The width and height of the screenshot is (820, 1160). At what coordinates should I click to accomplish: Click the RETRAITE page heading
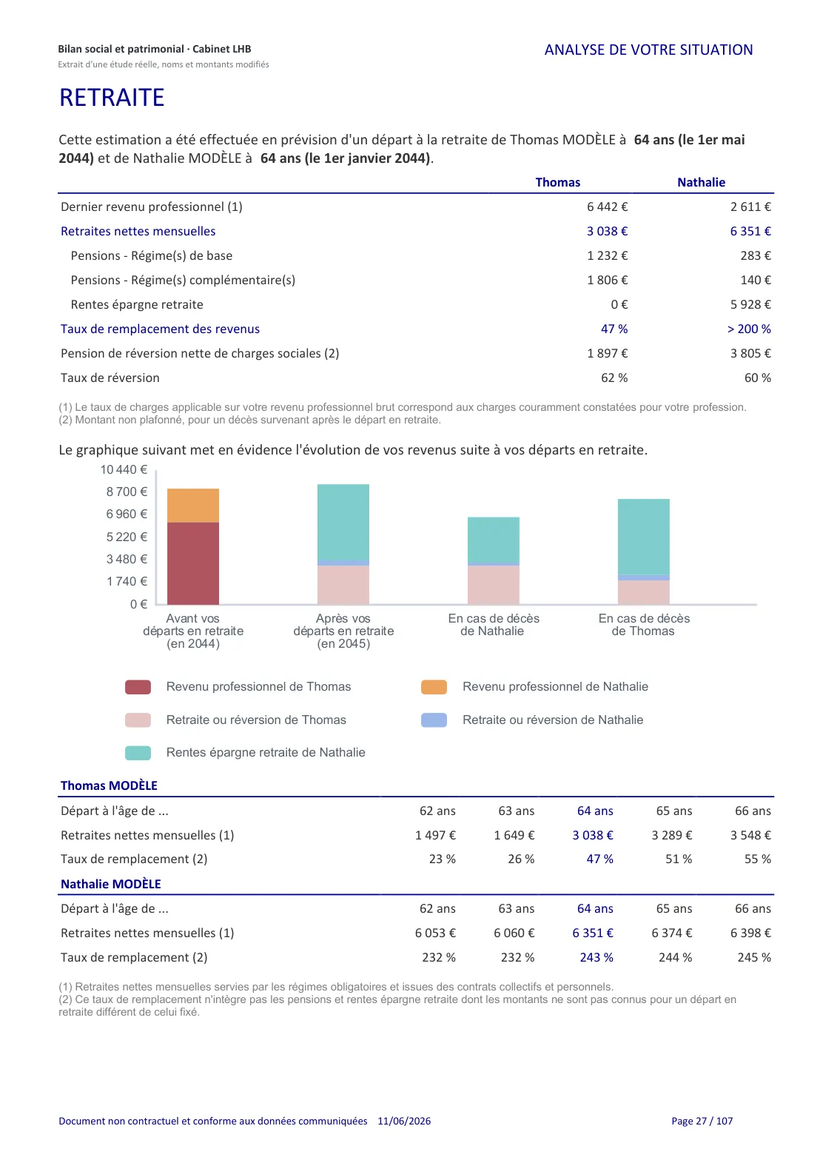(112, 98)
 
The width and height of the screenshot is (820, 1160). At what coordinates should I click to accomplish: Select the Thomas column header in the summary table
(557, 182)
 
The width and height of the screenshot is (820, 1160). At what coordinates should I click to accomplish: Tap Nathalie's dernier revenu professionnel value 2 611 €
(750, 207)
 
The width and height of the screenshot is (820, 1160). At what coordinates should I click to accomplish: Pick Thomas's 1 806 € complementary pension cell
(607, 280)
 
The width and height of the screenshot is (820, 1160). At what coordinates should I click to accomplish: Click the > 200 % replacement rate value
(748, 329)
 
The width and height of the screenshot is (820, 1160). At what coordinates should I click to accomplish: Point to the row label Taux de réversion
(110, 378)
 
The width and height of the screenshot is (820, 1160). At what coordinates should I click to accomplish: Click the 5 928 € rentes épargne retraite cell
(750, 304)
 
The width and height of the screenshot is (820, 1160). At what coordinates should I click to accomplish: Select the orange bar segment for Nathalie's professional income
(193, 506)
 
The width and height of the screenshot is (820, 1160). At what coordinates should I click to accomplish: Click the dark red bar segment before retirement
(193, 563)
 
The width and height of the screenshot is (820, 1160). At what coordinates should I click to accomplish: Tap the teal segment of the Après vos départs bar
(343, 522)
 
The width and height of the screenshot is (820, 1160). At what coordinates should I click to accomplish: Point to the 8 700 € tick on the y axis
(127, 492)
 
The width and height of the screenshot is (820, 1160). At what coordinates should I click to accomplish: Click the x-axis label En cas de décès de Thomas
(643, 625)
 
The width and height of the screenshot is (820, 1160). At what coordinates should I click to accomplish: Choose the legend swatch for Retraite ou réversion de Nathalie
(434, 720)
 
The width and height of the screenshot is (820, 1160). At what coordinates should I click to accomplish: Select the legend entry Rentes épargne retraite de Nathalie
(266, 752)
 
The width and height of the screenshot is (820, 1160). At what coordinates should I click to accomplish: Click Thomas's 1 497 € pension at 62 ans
(435, 835)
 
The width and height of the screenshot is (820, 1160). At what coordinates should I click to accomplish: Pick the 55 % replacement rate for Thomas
(757, 859)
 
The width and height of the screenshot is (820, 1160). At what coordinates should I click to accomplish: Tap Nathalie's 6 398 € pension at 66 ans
(750, 933)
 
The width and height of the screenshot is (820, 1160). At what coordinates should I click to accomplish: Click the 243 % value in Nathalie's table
(596, 957)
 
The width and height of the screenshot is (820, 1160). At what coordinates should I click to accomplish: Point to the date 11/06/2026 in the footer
(404, 1121)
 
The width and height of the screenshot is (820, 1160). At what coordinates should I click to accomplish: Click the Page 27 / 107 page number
(702, 1121)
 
